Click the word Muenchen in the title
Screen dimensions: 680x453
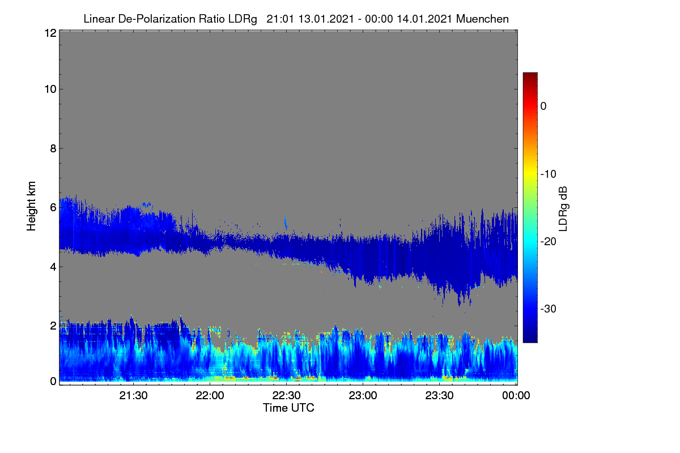[482, 19]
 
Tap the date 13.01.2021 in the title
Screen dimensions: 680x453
[326, 19]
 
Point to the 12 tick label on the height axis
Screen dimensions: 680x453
[50, 33]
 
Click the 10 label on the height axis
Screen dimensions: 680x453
[50, 89]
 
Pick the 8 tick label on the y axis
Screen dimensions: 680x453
[54, 148]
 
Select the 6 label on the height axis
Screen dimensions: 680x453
[54, 208]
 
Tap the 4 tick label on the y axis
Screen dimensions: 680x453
[54, 267]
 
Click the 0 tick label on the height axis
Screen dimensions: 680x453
[54, 382]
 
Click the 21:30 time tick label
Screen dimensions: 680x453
[133, 395]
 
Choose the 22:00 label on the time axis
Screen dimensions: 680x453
[210, 395]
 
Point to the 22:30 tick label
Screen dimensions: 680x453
[286, 395]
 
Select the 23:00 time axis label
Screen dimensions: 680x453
[363, 395]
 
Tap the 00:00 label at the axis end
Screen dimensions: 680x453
[516, 395]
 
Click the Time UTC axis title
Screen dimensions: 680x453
[288, 408]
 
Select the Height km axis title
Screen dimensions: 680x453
[31, 206]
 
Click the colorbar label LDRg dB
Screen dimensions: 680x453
[563, 209]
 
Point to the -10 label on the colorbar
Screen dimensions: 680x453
[549, 174]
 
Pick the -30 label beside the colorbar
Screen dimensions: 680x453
[549, 309]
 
